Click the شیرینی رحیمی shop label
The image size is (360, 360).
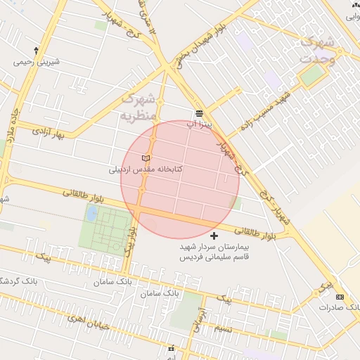click(x=36, y=62)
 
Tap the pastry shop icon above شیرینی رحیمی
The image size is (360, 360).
click(x=36, y=51)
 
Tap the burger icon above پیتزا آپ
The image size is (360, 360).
click(x=200, y=112)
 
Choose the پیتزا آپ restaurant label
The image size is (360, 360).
click(x=199, y=123)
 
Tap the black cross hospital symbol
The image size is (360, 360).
click(x=214, y=235)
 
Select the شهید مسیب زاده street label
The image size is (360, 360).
click(x=269, y=112)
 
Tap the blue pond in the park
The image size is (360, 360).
click(x=91, y=212)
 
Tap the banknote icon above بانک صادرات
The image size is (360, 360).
click(x=341, y=297)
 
